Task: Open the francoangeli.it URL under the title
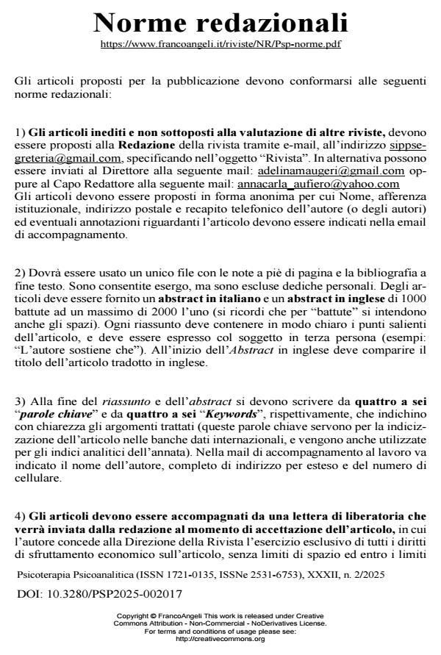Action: coord(220,44)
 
